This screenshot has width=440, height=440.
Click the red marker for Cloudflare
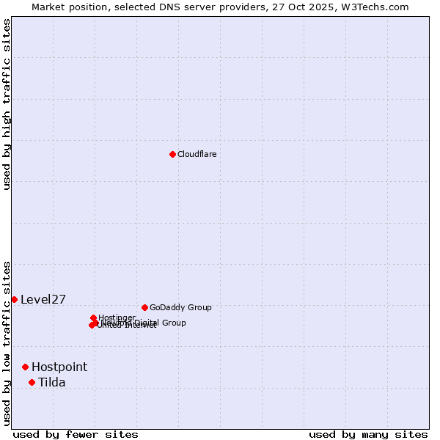coord(172,154)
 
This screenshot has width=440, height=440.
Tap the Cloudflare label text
coord(197,154)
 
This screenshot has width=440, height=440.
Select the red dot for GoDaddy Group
coord(144,307)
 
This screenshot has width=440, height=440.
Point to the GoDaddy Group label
coord(180,307)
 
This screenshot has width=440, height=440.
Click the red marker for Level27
coord(14,299)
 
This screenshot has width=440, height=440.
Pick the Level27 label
coord(43,299)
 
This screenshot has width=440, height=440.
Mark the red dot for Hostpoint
coord(25,367)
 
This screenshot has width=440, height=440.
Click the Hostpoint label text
coord(59,367)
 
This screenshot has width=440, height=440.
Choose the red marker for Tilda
coord(32,382)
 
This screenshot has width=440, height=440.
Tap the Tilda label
coord(51,382)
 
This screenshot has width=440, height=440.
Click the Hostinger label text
coord(117,318)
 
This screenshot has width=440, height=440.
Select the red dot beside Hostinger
coord(93,318)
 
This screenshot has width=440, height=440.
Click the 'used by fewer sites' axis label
coord(76,434)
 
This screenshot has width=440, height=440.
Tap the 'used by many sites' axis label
coord(368,434)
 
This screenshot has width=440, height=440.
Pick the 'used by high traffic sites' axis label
coord(7,104)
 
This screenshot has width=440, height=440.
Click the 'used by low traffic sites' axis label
coord(7,342)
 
